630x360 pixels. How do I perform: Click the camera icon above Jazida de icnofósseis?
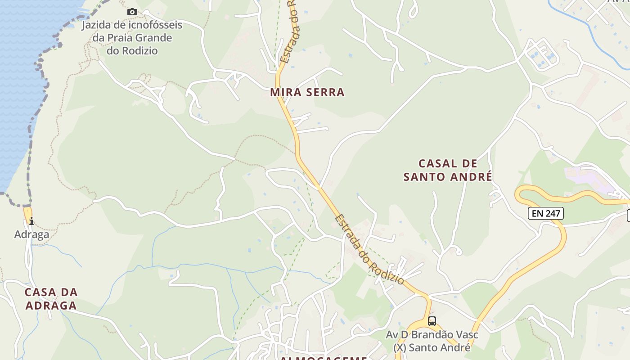pyautogui.click(x=132, y=12)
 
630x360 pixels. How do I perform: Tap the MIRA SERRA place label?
pyautogui.click(x=307, y=92)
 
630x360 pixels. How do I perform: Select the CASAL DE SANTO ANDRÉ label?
pyautogui.click(x=447, y=170)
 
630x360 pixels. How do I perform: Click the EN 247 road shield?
pyautogui.click(x=546, y=213)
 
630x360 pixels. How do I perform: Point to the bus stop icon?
pyautogui.click(x=432, y=321)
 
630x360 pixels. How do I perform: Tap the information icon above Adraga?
pyautogui.click(x=31, y=220)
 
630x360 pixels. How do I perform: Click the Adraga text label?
pyautogui.click(x=31, y=234)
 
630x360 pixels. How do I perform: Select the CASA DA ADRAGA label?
pyautogui.click(x=51, y=298)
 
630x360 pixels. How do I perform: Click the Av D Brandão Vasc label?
pyautogui.click(x=432, y=335)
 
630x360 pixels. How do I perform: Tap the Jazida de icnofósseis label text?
pyautogui.click(x=132, y=25)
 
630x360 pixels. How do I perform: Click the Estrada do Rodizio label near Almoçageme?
pyautogui.click(x=369, y=249)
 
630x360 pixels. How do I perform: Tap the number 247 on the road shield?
pyautogui.click(x=553, y=213)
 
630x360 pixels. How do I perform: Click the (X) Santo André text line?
pyautogui.click(x=432, y=347)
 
